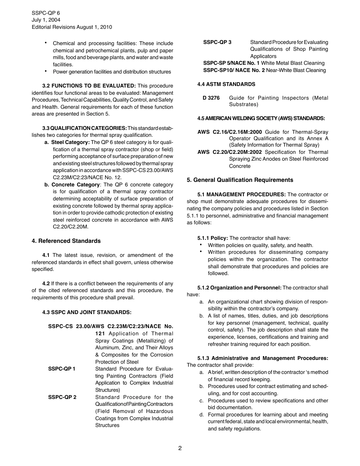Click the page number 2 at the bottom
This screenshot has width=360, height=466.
tap(180, 448)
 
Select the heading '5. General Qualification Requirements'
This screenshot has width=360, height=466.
tap(240, 180)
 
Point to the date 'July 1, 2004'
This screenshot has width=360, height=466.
tap(46, 20)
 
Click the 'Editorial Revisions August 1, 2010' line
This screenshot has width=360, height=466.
tap(72, 27)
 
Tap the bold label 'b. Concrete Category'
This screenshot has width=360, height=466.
tap(72, 185)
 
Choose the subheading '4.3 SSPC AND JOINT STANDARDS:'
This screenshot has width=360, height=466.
tap(87, 313)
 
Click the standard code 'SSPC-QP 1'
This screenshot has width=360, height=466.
tap(62, 369)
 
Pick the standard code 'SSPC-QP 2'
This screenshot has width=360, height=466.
tap(62, 397)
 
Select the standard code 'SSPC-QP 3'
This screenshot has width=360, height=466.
tap(217, 42)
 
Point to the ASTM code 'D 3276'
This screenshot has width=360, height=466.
tap(211, 98)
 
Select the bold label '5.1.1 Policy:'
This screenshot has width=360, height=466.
tap(213, 238)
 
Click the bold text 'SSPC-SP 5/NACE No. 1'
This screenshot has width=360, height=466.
tap(231, 63)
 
